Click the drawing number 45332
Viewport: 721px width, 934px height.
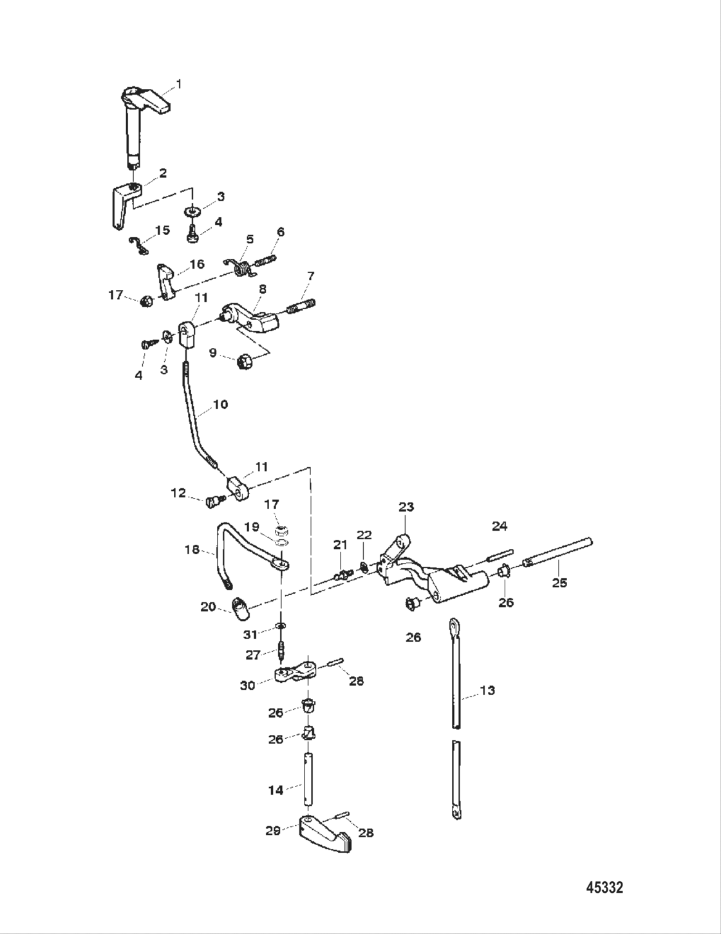click(604, 888)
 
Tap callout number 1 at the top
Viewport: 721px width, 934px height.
click(179, 84)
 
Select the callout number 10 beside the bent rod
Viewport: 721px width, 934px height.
click(220, 405)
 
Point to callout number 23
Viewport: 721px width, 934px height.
click(406, 507)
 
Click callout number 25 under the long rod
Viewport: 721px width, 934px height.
click(559, 582)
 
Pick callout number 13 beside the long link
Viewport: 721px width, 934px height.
click(487, 691)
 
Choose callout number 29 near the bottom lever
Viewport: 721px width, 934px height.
click(273, 831)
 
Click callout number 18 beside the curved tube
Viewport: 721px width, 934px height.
click(192, 550)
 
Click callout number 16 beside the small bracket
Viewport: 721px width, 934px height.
click(196, 264)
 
